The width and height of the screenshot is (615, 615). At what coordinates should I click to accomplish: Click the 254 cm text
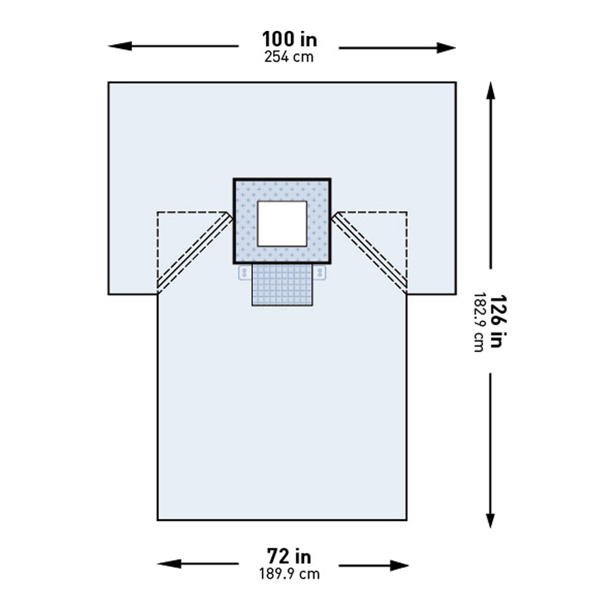(x=289, y=57)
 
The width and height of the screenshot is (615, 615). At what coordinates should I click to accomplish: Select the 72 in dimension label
(x=289, y=557)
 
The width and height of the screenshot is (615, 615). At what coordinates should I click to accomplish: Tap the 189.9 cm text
(x=289, y=574)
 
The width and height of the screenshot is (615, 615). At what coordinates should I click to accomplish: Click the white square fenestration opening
(x=282, y=224)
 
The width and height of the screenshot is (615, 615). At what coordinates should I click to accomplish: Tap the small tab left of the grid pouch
(x=244, y=273)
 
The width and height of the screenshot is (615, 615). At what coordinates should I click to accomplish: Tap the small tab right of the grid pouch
(x=320, y=273)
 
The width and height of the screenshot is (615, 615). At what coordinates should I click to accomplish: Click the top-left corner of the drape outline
(x=109, y=82)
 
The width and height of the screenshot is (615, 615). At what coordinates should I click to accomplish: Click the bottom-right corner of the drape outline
(x=407, y=520)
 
